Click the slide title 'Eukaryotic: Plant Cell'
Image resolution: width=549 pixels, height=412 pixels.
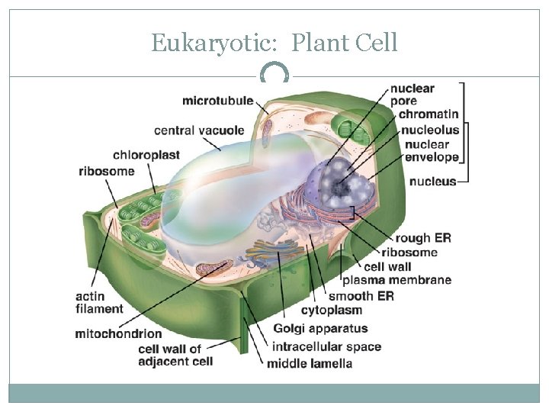click(274, 42)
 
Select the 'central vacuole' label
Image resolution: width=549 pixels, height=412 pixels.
click(199, 130)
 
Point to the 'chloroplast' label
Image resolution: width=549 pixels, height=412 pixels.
click(146, 156)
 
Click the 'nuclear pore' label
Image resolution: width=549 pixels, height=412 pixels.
click(412, 94)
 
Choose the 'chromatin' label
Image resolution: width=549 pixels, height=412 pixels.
click(429, 114)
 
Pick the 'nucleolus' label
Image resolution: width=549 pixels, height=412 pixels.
click(432, 130)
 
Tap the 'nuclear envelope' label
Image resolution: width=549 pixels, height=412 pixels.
click(432, 151)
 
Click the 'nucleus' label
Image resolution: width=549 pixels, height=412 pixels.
click(432, 182)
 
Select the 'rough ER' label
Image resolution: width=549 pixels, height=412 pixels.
click(423, 238)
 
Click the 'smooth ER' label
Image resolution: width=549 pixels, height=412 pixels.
click(361, 296)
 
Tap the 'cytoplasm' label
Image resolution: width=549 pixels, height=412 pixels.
click(332, 311)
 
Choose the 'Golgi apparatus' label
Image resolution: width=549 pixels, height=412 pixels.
click(320, 329)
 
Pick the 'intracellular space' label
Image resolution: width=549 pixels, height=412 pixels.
click(326, 346)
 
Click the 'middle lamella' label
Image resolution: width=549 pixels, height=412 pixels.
click(310, 363)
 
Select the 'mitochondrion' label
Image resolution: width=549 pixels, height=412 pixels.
click(118, 333)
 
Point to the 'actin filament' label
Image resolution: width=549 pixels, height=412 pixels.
click(99, 303)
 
